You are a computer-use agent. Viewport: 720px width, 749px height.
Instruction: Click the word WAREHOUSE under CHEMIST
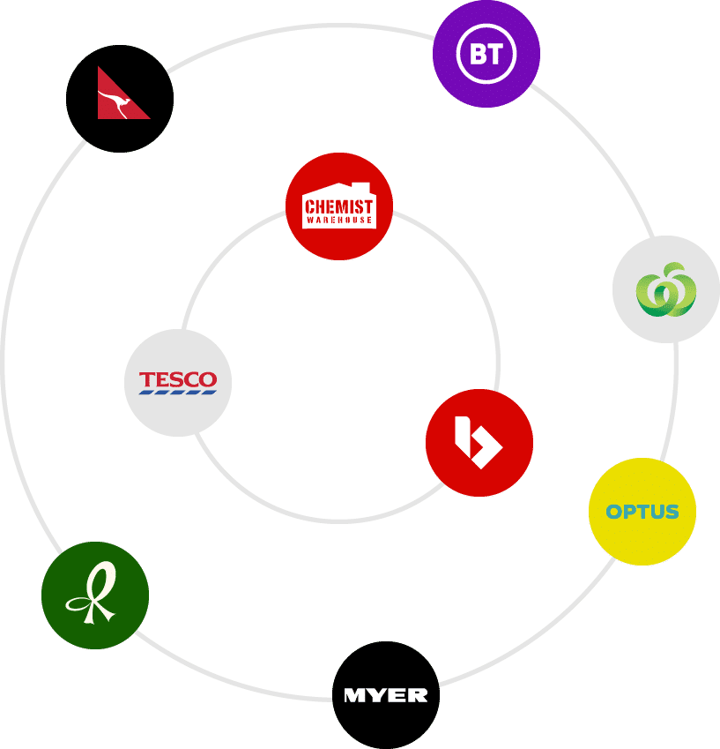[339, 221]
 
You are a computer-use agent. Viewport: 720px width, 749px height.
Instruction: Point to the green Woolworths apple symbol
[666, 289]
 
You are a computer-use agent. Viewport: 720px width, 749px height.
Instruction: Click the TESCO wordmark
[178, 379]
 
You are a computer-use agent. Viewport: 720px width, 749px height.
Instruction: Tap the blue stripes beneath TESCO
[178, 391]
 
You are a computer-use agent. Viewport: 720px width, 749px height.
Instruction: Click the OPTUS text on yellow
[642, 512]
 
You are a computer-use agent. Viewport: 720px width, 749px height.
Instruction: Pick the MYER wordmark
[386, 695]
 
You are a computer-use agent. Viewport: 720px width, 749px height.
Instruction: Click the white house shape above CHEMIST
[339, 191]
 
